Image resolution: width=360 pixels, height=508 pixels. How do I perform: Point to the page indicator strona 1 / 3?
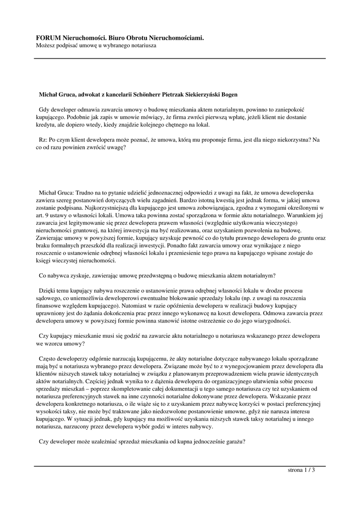click(x=301, y=470)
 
